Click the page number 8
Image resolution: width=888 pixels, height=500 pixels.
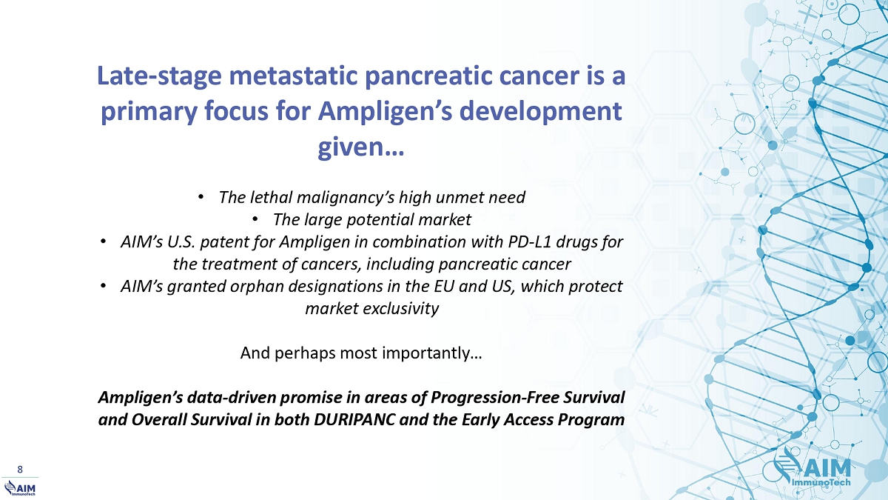click(x=20, y=470)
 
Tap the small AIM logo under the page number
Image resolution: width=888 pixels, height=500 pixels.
click(x=19, y=488)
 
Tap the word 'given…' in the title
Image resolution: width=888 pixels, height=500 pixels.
click(x=361, y=147)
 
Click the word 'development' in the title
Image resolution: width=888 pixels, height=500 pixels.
click(x=540, y=112)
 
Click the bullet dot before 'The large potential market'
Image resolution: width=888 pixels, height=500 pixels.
click(x=255, y=219)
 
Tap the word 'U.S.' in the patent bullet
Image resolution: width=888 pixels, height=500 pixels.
click(x=181, y=241)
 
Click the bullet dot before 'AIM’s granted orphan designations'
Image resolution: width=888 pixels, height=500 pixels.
click(x=103, y=286)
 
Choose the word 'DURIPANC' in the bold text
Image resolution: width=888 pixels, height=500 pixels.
click(x=354, y=420)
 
